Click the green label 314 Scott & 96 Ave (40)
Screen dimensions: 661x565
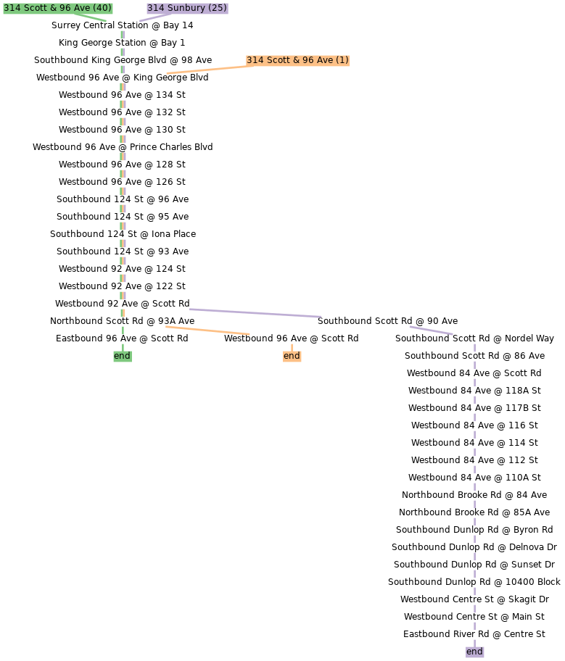58,8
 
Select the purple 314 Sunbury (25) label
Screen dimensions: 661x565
187,8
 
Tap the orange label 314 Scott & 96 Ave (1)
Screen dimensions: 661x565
297,60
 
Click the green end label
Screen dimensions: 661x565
122,356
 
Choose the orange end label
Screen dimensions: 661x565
292,356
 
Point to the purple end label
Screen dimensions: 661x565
474,652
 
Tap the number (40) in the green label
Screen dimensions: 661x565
102,8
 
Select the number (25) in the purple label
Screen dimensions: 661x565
218,8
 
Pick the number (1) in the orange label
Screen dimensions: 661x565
342,60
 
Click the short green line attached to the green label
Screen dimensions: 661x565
91,17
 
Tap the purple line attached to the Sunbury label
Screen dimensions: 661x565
154,17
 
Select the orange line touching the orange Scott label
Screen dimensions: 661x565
207,70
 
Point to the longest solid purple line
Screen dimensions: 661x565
255,313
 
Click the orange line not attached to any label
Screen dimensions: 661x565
207,330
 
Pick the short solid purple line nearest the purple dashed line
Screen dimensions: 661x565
431,330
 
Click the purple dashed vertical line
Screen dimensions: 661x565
474,493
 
